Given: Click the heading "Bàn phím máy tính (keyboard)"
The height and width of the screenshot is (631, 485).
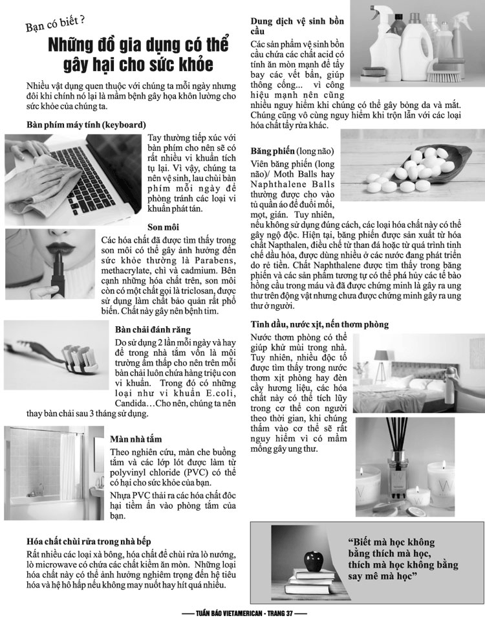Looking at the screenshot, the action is click(86, 125).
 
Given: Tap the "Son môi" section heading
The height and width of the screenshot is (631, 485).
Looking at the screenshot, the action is click(163, 227).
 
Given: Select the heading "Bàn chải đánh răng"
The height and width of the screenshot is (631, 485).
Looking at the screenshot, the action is click(153, 329).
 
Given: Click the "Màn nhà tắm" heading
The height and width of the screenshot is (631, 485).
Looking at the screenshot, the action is click(136, 439).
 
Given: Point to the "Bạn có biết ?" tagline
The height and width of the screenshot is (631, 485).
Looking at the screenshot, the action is click(55, 25).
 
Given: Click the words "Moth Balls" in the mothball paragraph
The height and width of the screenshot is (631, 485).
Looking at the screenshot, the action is click(297, 174).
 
